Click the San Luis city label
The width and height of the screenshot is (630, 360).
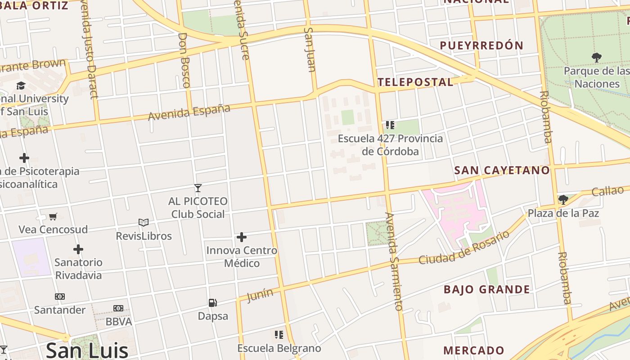[x=87, y=350]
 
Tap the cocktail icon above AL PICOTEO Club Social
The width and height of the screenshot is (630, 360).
[x=198, y=188]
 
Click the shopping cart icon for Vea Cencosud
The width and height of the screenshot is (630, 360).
[x=53, y=216]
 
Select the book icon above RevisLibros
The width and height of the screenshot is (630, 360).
[x=144, y=223]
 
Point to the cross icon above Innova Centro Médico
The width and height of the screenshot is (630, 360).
[x=242, y=237]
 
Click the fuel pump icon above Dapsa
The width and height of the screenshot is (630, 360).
[x=213, y=303]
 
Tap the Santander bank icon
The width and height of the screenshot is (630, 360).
[x=59, y=297]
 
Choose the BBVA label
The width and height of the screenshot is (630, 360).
[x=119, y=322]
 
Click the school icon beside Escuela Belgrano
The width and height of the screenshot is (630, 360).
[x=279, y=335]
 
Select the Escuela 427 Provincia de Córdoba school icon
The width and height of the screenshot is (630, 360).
[x=390, y=125]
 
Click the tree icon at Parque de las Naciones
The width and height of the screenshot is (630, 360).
[x=597, y=58]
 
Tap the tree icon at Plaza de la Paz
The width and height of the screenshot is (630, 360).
[x=563, y=199]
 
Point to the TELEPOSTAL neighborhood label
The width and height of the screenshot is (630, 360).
[x=415, y=82]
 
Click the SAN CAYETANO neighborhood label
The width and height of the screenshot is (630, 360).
[x=502, y=170]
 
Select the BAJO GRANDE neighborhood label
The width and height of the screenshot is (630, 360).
[x=487, y=289]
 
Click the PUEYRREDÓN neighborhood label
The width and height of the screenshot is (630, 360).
[x=481, y=45]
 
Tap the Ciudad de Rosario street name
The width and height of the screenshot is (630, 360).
[x=464, y=247]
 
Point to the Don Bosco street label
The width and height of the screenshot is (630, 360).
[x=184, y=60]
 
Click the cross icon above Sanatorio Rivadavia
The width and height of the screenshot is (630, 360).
[x=78, y=249]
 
